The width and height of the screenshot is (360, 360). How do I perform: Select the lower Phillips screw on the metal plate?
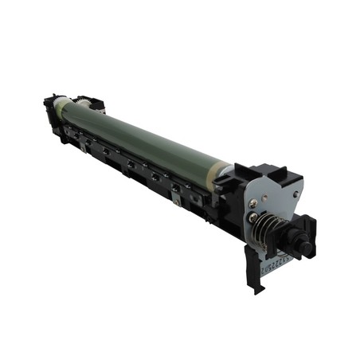point(253,217)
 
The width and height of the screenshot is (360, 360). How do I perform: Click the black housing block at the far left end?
point(51,112)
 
